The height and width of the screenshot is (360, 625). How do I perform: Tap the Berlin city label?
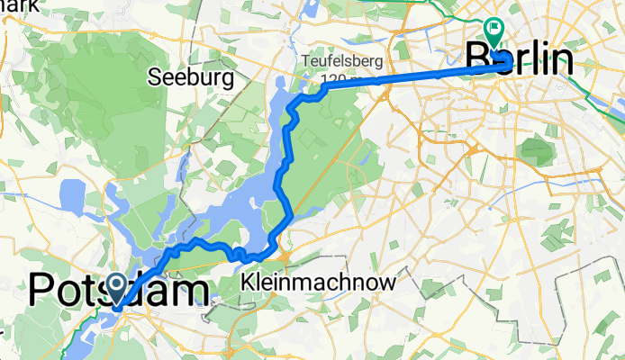[x=520, y=61]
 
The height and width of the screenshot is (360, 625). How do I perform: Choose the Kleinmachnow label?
[x=319, y=283]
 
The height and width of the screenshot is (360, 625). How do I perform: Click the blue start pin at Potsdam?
[x=118, y=288]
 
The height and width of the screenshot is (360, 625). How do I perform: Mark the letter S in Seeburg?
[x=156, y=76]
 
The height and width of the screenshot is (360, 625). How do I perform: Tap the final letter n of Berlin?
[x=562, y=61]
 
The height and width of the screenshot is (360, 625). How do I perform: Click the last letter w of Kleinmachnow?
[x=388, y=283]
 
